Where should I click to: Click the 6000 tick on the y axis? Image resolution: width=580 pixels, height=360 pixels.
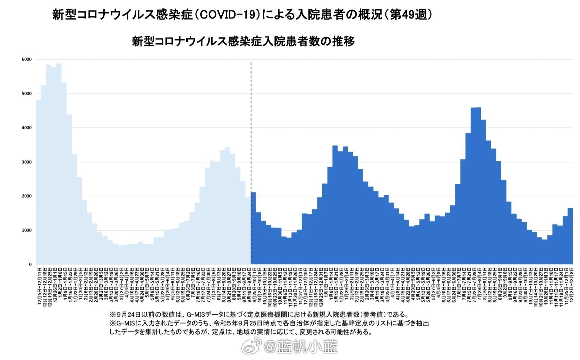(x=27, y=59)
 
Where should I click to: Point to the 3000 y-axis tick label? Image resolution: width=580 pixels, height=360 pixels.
(x=27, y=162)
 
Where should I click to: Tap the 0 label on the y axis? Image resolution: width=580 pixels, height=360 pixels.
(x=30, y=264)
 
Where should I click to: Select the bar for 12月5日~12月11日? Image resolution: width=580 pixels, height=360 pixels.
(x=39, y=182)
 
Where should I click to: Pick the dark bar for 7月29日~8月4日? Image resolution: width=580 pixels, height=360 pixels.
(x=478, y=186)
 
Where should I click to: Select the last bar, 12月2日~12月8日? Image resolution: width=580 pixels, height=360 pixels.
(x=570, y=236)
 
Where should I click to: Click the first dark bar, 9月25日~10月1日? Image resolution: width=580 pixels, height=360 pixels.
(x=253, y=228)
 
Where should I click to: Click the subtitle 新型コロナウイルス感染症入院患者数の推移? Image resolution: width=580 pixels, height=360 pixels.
(x=243, y=41)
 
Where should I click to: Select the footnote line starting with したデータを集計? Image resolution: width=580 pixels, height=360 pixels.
(x=241, y=332)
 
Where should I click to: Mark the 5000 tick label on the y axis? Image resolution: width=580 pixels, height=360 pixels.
(x=27, y=94)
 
